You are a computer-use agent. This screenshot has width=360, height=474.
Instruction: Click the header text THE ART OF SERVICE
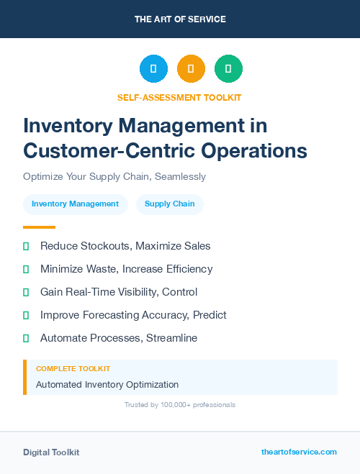180,19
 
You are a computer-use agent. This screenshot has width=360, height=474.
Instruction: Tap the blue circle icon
153,69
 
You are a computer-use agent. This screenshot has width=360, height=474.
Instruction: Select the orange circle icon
191,69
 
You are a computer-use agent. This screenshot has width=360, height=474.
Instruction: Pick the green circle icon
228,69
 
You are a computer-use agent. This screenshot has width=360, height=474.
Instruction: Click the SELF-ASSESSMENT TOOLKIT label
179,97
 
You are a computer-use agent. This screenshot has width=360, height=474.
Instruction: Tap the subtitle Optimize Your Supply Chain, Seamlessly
114,176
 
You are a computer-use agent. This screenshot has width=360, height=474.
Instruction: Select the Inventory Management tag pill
75,204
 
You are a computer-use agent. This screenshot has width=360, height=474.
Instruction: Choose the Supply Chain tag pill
169,204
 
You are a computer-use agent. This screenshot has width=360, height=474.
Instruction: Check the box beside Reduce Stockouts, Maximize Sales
26,246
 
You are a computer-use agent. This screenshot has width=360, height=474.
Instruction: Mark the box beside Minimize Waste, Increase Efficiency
26,269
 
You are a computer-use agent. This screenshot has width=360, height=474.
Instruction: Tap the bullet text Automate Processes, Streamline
118,338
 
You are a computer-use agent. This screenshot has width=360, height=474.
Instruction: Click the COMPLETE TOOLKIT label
73,368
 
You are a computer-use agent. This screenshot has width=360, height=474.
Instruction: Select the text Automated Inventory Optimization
107,384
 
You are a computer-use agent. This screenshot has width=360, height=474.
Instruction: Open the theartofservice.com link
299,452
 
